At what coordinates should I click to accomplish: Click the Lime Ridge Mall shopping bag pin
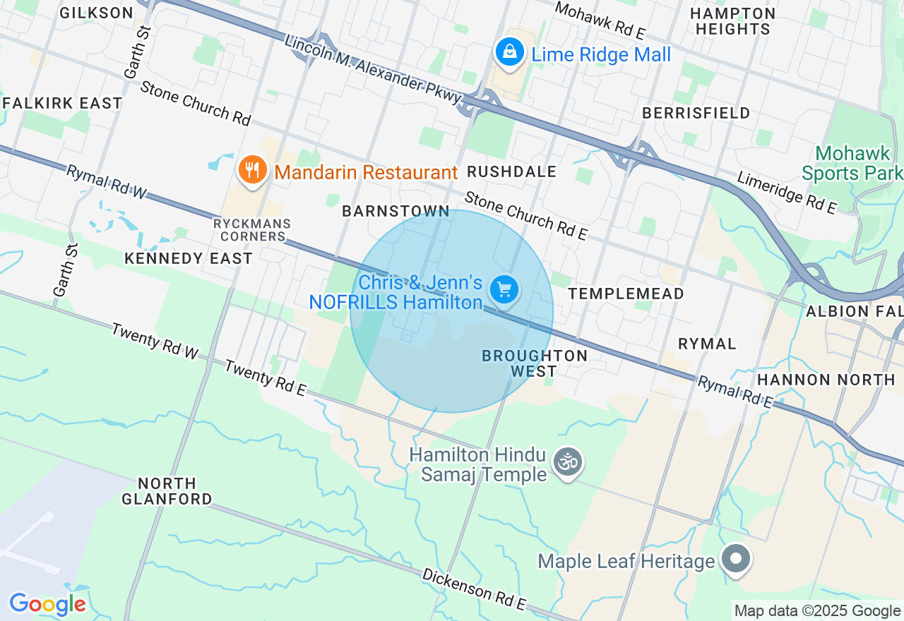[509, 52]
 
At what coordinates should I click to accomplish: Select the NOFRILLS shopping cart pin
[504, 289]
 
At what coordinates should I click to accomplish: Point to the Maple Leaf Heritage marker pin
[736, 559]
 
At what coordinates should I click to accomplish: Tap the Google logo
[47, 604]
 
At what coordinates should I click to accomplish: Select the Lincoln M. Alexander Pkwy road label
[373, 71]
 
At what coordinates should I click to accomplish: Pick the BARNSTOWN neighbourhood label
[395, 212]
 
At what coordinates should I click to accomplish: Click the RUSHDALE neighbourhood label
[511, 172]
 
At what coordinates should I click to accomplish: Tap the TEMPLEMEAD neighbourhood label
[626, 294]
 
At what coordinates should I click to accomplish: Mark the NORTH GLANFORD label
[167, 491]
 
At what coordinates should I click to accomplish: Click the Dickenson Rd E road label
[475, 589]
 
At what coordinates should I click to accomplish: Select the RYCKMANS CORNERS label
[252, 230]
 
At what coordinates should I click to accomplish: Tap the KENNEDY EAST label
[189, 258]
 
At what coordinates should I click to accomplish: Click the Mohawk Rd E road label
[600, 20]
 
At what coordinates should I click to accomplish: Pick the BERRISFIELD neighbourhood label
[696, 114]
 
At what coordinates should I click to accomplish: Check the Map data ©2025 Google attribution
[817, 611]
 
